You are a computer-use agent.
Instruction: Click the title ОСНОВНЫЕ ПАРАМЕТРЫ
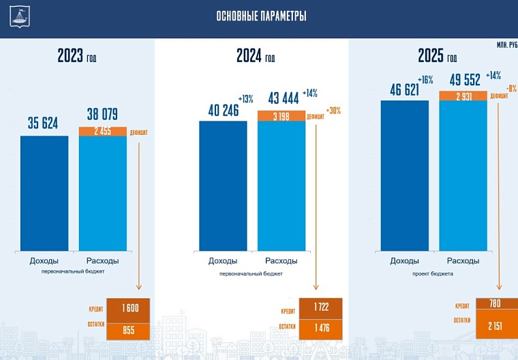point(261,16)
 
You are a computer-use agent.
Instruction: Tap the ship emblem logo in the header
point(20,16)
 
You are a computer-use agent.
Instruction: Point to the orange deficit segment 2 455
point(103,132)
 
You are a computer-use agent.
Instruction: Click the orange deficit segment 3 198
point(281,116)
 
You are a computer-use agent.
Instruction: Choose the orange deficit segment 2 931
point(463,95)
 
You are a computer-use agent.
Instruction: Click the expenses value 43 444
point(281,99)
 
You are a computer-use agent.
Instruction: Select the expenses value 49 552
point(463,79)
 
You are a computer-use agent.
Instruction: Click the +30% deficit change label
point(334,110)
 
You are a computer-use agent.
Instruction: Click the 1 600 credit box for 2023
point(127,308)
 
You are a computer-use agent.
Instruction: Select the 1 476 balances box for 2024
point(320,327)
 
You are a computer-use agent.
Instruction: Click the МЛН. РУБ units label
point(506,45)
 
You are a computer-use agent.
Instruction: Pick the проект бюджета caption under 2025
point(432,273)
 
